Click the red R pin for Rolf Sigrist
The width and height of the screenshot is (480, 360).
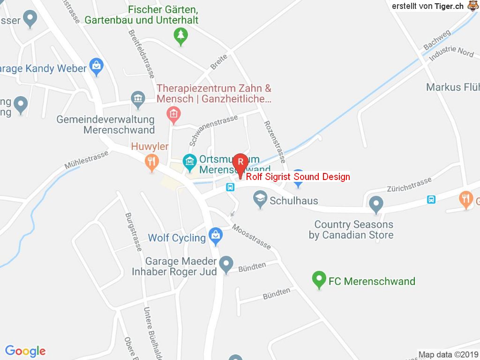pyautogui.click(x=240, y=162)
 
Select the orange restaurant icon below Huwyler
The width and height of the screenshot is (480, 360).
pyautogui.click(x=151, y=162)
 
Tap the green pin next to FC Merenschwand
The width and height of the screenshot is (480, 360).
pyautogui.click(x=319, y=280)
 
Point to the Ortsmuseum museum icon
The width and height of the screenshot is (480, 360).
pyautogui.click(x=189, y=163)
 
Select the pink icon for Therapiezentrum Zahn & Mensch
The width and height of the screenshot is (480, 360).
pyautogui.click(x=174, y=114)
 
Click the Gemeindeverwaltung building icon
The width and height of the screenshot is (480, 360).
pyautogui.click(x=138, y=99)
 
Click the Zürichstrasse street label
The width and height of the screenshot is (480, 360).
pyautogui.click(x=409, y=184)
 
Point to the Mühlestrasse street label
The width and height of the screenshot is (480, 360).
pyautogui.click(x=87, y=159)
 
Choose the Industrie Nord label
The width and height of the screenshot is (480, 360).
pyautogui.click(x=451, y=52)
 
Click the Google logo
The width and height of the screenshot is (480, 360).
pyautogui.click(x=25, y=351)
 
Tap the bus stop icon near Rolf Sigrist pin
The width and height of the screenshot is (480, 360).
pyautogui.click(x=231, y=187)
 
